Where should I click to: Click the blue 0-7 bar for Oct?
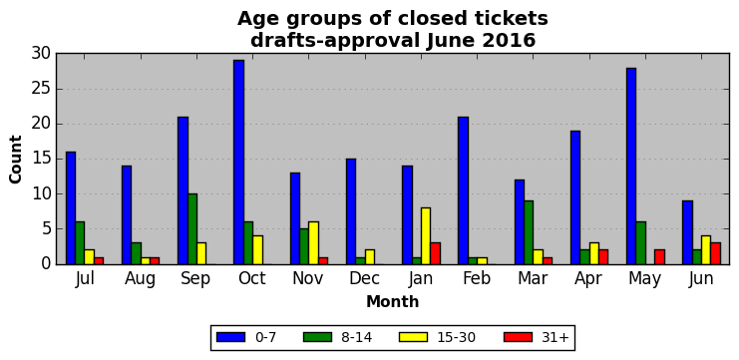[239, 163]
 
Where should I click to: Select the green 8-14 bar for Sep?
[192, 229]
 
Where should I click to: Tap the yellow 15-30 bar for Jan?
[426, 236]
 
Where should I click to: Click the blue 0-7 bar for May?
[631, 166]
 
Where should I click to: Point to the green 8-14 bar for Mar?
[529, 232]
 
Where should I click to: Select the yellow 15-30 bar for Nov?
[313, 243]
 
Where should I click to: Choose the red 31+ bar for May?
[659, 257]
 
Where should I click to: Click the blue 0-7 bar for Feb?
[464, 190]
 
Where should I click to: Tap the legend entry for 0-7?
[246, 337]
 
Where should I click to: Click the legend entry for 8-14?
[337, 337]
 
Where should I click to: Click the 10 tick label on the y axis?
[42, 194]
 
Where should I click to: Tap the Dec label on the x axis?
[365, 278]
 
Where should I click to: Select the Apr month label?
[588, 279]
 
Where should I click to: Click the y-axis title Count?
[16, 160]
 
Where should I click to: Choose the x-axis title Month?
[393, 301]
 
